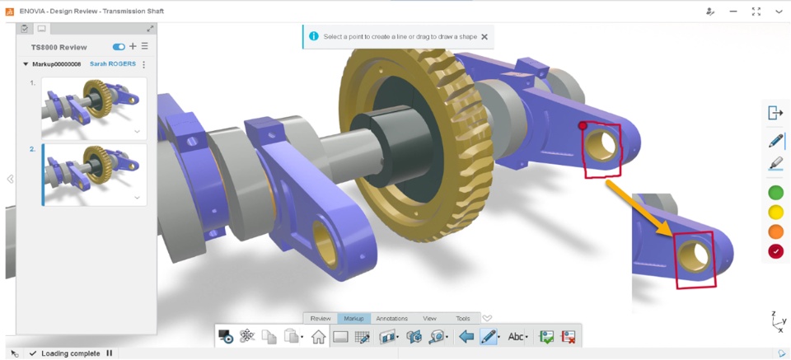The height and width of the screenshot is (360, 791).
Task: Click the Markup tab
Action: coord(353,319)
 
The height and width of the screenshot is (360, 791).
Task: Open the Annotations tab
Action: coord(392,319)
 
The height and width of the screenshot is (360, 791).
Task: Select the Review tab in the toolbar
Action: coord(321,319)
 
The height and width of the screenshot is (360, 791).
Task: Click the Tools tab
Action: coord(462,319)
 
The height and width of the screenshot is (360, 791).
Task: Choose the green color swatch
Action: coord(775,193)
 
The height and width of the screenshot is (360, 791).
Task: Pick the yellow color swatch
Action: coord(775,213)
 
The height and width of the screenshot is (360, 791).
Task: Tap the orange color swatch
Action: coord(775,232)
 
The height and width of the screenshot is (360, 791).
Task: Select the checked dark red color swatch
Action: coord(775,251)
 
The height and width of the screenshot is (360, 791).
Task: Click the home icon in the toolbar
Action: coord(318,336)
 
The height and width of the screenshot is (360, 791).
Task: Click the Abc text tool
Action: coord(516,336)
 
